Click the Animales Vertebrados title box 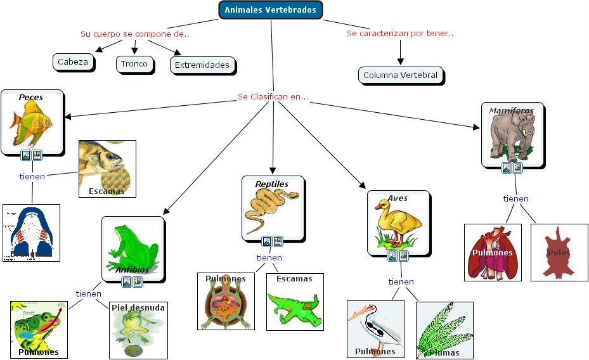271,10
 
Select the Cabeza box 74,62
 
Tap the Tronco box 134,63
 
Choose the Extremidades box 202,65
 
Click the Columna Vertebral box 400,75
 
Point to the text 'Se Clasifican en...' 273,97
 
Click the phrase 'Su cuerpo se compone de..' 134,34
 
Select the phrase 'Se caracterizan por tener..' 400,33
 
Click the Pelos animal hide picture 559,252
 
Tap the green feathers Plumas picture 444,330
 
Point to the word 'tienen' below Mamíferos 515,198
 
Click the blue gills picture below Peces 31,233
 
